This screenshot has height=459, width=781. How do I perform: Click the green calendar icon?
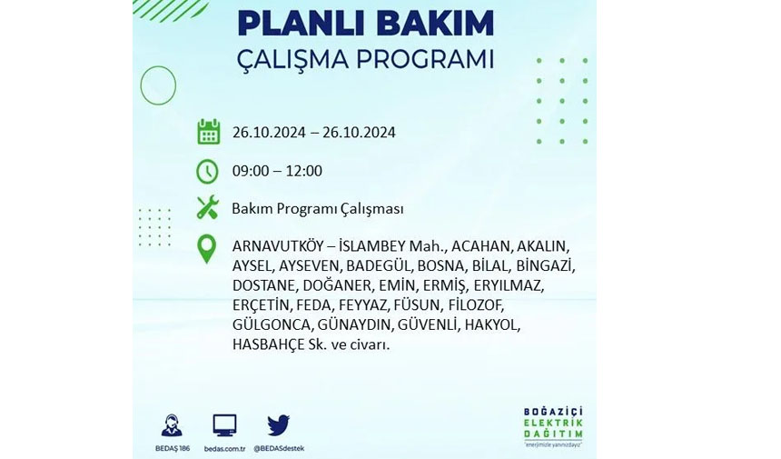(x=208, y=132)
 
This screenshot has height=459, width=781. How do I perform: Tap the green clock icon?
(x=207, y=172)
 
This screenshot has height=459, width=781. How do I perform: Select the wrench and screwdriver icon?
(x=207, y=207)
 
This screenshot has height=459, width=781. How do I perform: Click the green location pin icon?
(x=207, y=249)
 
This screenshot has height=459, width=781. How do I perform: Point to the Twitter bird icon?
(x=278, y=425)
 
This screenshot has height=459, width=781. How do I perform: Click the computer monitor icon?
(x=224, y=425)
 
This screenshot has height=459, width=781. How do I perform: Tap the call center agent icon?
(x=172, y=425)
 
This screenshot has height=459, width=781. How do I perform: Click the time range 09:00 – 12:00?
(x=277, y=171)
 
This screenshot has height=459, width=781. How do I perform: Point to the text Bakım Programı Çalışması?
(x=318, y=209)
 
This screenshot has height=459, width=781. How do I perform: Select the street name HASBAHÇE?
(x=268, y=344)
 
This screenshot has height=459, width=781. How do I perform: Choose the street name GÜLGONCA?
(x=272, y=325)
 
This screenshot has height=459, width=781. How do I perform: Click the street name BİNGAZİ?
(x=546, y=265)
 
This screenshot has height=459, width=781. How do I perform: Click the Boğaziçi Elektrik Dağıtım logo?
(x=553, y=427)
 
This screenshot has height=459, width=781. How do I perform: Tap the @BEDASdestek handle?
(x=279, y=448)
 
